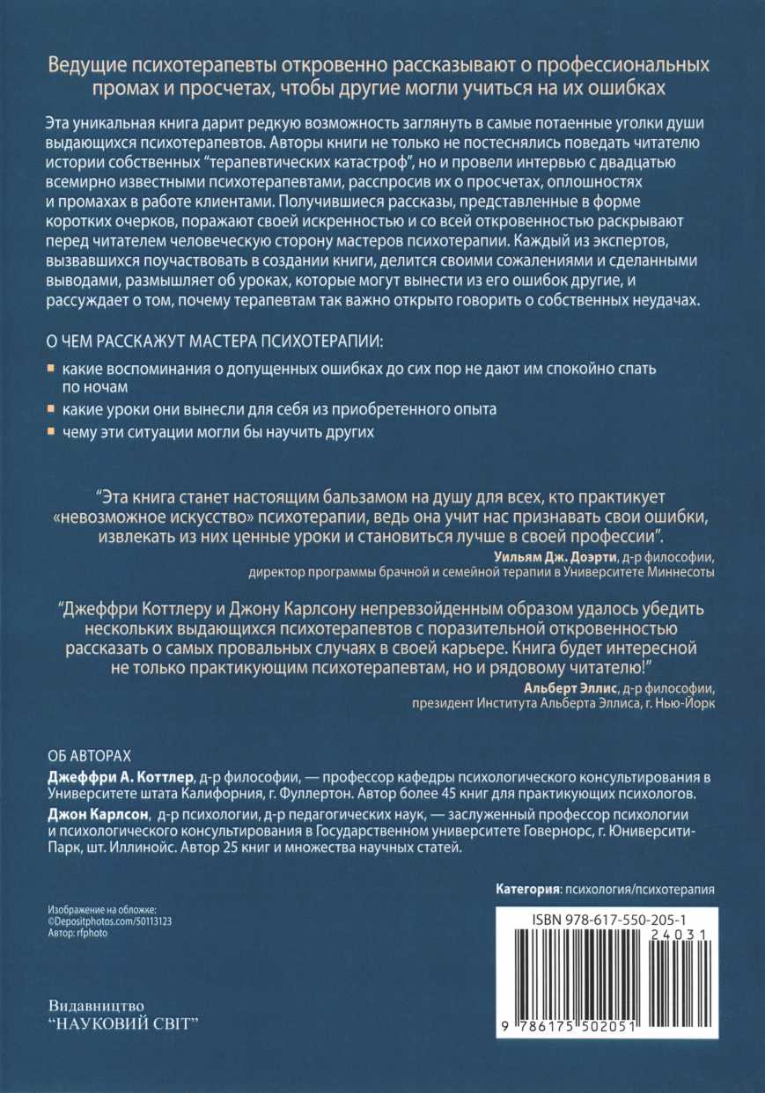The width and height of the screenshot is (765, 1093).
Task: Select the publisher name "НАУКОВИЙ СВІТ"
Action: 124,1026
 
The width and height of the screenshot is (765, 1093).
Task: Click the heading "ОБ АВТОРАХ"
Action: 85,756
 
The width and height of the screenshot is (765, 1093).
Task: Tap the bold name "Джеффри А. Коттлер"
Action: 119,778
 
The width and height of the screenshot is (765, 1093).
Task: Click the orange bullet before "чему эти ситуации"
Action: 50,432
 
